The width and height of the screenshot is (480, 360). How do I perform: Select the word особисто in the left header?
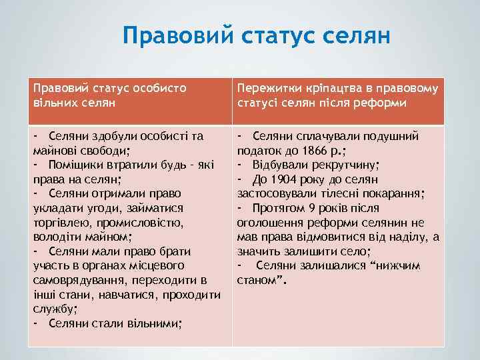[157, 87]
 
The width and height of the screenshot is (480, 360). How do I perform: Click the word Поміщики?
[77, 165]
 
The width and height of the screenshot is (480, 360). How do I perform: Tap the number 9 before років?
[315, 208]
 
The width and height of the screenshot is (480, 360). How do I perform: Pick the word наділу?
[409, 237]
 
